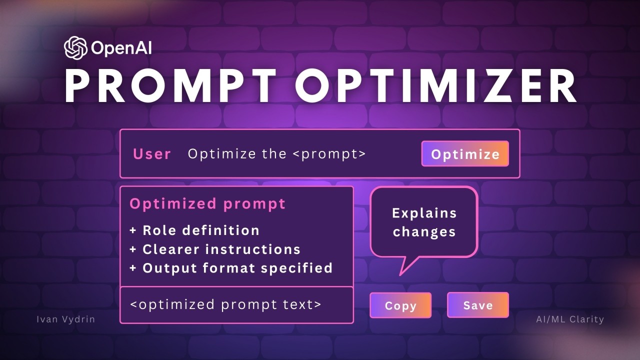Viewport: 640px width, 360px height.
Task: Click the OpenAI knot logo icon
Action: pyautogui.click(x=76, y=48)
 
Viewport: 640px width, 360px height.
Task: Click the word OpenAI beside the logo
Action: pyautogui.click(x=121, y=48)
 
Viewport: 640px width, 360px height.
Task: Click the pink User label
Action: pyautogui.click(x=152, y=154)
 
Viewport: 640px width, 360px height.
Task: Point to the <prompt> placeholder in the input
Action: pyautogui.click(x=329, y=153)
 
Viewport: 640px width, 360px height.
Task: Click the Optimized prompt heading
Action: pyautogui.click(x=207, y=204)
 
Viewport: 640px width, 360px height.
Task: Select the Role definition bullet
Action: pyautogui.click(x=200, y=230)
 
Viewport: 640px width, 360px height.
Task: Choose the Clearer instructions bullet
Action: pyautogui.click(x=221, y=249)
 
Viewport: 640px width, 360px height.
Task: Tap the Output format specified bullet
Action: pyautogui.click(x=237, y=268)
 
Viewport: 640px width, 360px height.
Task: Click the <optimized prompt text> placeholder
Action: pyautogui.click(x=225, y=304)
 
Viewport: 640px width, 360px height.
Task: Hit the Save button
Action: pyautogui.click(x=477, y=305)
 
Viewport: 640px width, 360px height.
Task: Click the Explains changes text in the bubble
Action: pyautogui.click(x=424, y=222)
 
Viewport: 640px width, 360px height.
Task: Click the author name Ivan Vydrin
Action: pyautogui.click(x=65, y=319)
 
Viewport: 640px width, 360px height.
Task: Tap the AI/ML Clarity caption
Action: pyautogui.click(x=566, y=319)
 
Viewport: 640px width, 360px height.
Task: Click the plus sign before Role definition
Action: pyautogui.click(x=133, y=231)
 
